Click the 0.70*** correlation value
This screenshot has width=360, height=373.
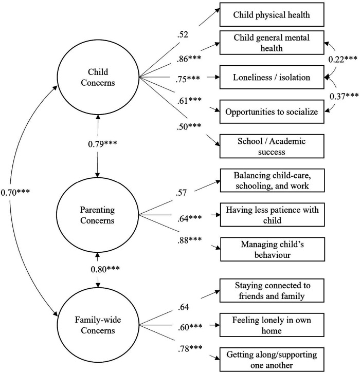pos(15,192)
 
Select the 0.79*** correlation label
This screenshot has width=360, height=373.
pos(102,144)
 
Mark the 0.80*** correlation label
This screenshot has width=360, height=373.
pos(105,269)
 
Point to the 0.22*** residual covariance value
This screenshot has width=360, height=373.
pos(343,59)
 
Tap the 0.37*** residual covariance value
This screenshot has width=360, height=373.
pos(344,96)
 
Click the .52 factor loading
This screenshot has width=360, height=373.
pos(183,35)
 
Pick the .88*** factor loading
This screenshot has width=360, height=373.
pos(189,240)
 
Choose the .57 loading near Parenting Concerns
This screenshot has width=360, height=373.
pos(181,193)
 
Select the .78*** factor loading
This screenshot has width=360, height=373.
pos(190,348)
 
